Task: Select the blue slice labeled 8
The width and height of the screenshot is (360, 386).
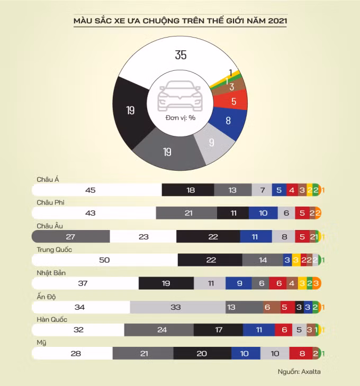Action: coord(228,121)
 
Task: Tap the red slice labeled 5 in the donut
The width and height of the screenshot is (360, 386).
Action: coord(233,100)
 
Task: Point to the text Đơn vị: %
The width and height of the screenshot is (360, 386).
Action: coord(180,117)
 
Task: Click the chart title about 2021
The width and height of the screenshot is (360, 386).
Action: coord(180,21)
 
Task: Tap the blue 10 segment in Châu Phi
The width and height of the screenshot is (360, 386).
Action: coord(263,213)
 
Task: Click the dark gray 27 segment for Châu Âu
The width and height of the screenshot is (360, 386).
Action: coord(70,236)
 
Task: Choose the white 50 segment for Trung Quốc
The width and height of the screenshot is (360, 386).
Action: coord(105,260)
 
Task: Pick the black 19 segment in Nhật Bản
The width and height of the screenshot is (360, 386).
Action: coord(166,283)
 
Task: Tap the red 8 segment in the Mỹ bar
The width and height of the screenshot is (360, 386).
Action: coord(302,354)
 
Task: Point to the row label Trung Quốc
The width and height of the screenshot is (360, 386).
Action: coord(55,250)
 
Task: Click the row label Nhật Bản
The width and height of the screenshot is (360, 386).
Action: coord(52,273)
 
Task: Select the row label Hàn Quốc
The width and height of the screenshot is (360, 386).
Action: coord(52,319)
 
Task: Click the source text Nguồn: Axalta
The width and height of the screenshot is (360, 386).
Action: coord(299,372)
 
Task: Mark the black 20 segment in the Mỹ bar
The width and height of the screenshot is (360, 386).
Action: coord(202,354)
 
